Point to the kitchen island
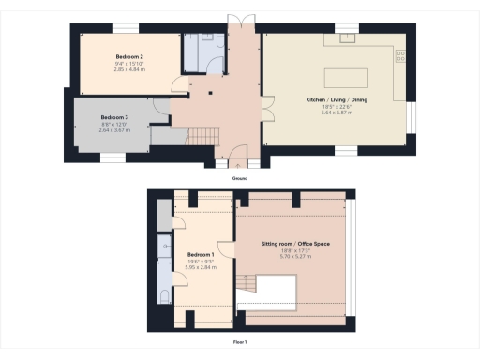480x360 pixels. pyautogui.click(x=347, y=76)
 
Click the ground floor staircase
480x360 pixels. pyautogui.click(x=205, y=139)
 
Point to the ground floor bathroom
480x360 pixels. pyautogui.click(x=204, y=53)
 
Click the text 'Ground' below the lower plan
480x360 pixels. pyautogui.click(x=240, y=178)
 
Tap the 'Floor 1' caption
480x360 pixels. pyautogui.click(x=240, y=342)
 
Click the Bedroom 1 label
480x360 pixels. pyautogui.click(x=201, y=255)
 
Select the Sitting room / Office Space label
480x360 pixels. pyautogui.click(x=295, y=244)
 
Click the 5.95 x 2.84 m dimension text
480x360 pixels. pyautogui.click(x=201, y=267)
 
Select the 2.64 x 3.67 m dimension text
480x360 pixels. pyautogui.click(x=113, y=130)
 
